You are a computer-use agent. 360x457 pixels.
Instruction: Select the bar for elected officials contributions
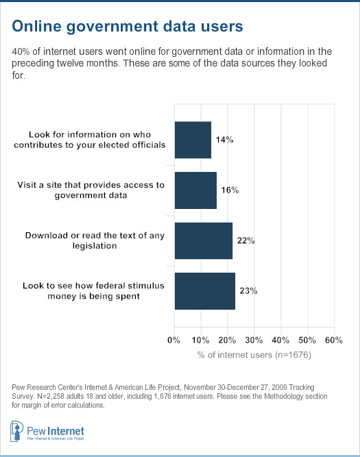(193, 140)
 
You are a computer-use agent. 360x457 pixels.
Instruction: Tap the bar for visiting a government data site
(195, 190)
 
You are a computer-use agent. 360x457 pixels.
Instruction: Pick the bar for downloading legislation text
(204, 240)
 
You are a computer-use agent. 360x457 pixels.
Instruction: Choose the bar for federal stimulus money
(205, 291)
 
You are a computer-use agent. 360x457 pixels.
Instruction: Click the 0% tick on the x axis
(174, 340)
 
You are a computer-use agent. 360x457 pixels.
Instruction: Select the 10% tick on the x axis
(200, 340)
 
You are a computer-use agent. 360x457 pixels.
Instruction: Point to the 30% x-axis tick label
(254, 340)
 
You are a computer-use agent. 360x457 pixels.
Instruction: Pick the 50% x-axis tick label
(307, 340)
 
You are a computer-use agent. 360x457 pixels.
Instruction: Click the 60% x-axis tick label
(333, 340)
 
